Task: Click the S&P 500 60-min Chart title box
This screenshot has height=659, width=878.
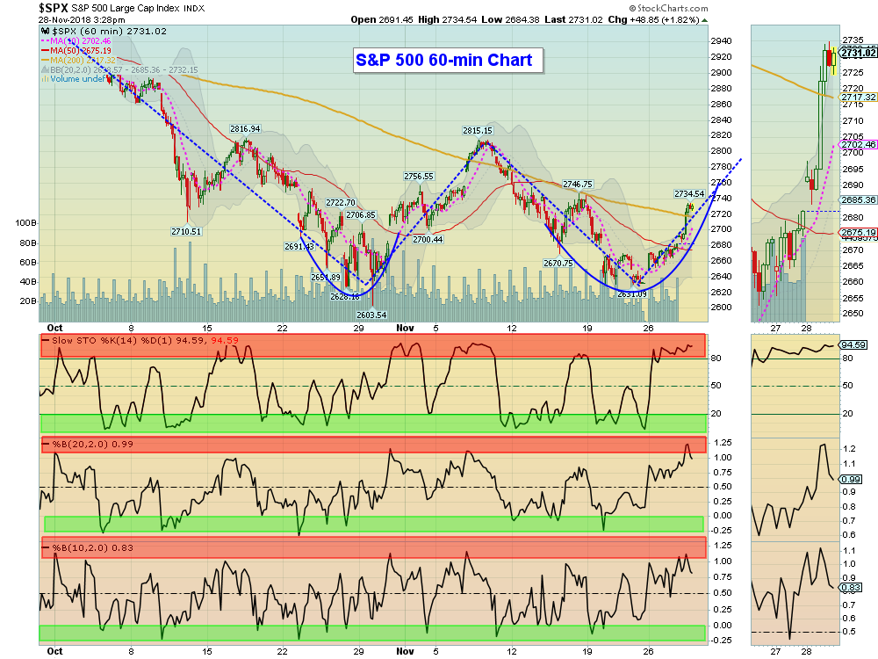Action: (449, 61)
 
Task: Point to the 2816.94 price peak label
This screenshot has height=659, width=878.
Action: (246, 128)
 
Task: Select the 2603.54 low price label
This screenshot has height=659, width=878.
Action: (371, 314)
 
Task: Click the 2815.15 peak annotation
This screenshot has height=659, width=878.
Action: (478, 130)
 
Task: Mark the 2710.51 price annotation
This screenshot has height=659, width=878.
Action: (186, 231)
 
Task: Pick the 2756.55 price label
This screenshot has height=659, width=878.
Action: (419, 176)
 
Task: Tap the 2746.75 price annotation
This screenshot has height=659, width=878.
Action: (578, 184)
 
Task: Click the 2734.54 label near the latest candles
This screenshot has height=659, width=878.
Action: (689, 193)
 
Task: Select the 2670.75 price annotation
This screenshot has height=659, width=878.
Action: (558, 263)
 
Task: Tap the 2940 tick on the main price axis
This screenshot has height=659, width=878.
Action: (721, 40)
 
